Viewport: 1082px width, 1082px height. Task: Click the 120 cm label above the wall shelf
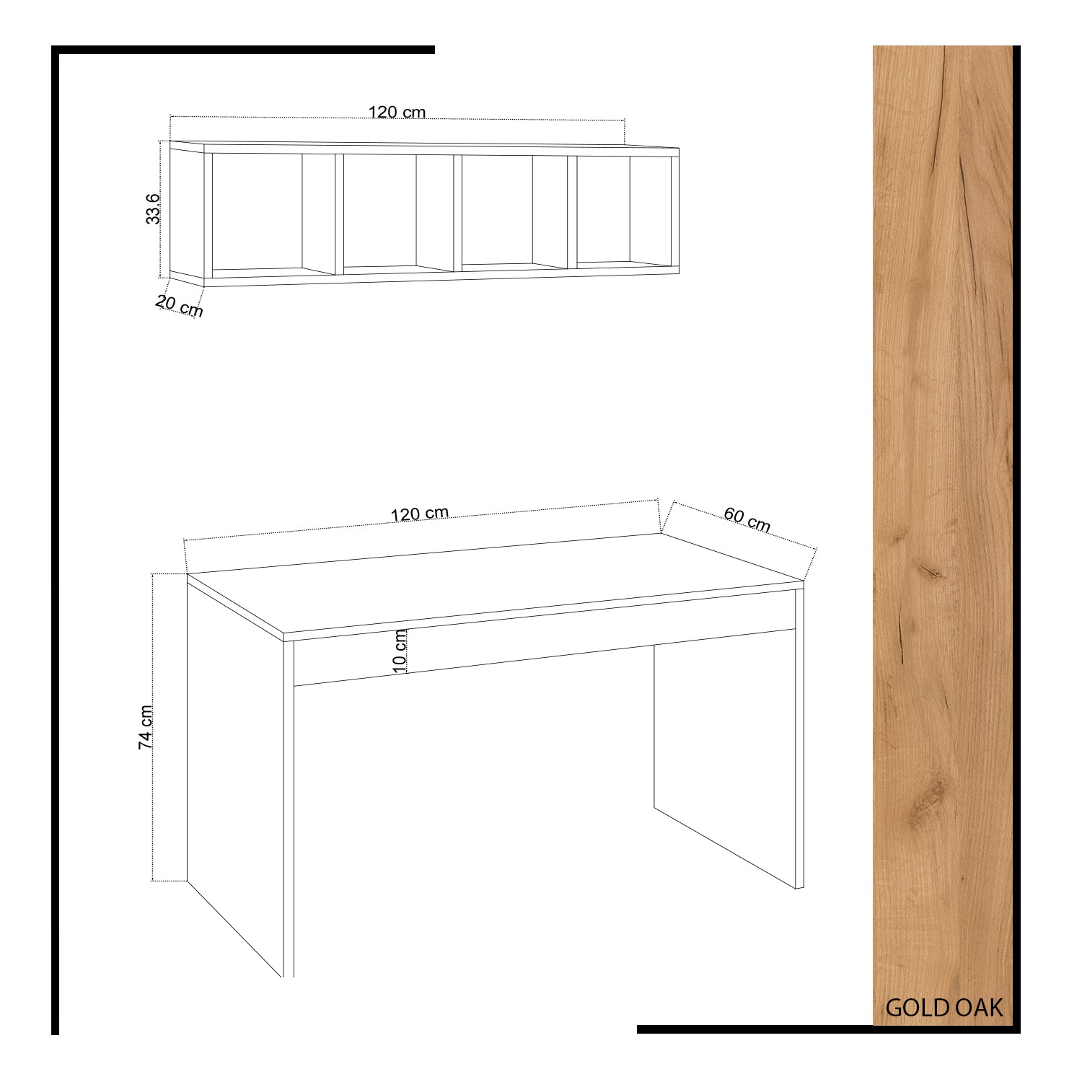click(x=397, y=112)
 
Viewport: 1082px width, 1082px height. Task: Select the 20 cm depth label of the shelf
click(x=180, y=307)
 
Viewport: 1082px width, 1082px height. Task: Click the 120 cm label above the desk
click(x=420, y=514)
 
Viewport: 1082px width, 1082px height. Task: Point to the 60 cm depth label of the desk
click(x=747, y=519)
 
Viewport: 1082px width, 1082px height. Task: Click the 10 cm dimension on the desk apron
click(x=401, y=651)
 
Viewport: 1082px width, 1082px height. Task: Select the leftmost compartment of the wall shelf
click(x=270, y=214)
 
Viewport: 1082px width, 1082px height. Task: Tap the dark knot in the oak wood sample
click(x=930, y=573)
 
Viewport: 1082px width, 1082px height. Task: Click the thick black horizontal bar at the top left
click(x=243, y=50)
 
